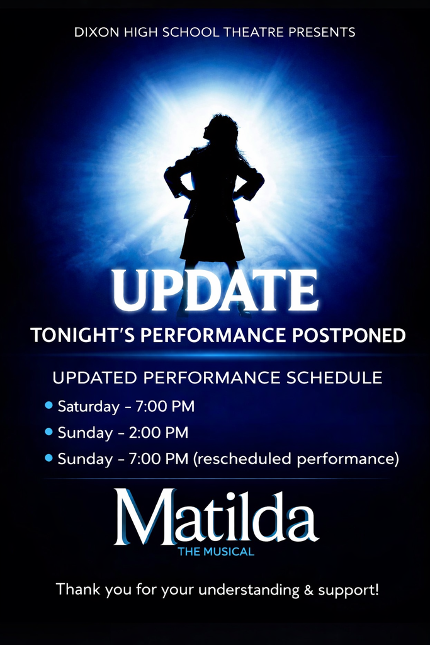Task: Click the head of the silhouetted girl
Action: pos(220,129)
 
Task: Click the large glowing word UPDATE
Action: pos(215,290)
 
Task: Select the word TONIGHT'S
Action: pos(75,335)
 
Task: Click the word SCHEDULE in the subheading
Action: pos(334,377)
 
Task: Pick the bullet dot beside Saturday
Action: pos(49,406)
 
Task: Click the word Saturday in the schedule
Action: pos(88,406)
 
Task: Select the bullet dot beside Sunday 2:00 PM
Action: pos(49,432)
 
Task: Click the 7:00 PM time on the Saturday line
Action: pos(165,406)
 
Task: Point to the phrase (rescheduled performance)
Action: pos(297,459)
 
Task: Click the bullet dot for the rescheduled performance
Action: pos(49,459)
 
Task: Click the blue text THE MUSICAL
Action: pos(215,552)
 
